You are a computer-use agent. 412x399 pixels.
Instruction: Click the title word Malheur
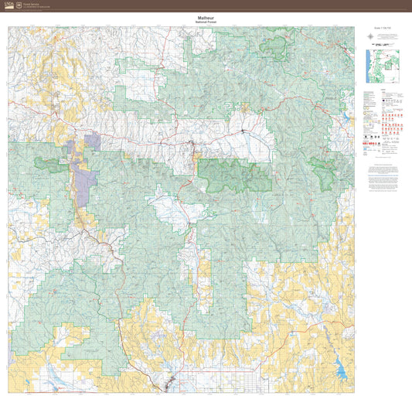[x=205, y=17]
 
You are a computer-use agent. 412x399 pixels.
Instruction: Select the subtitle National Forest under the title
[x=205, y=22]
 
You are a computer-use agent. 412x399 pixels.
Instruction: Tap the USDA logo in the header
[x=9, y=5]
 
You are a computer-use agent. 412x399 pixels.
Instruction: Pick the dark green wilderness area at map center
[x=235, y=176]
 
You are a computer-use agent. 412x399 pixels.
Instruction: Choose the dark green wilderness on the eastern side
[x=322, y=172]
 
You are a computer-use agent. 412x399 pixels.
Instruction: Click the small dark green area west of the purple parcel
[x=51, y=164]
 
